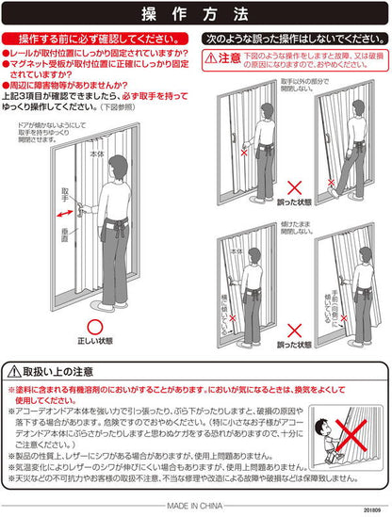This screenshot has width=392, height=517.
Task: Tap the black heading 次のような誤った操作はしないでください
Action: (x=294, y=40)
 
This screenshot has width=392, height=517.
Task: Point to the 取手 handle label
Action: (x=64, y=192)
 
